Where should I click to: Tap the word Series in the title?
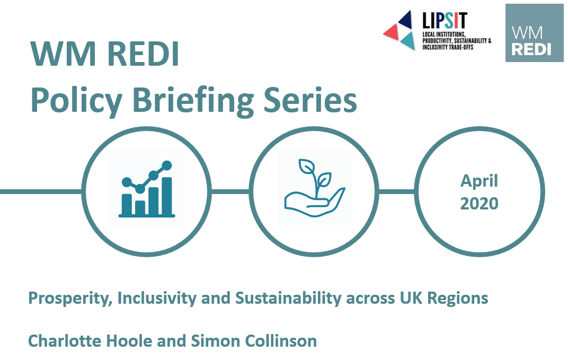tap(310, 100)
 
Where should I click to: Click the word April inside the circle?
tap(479, 181)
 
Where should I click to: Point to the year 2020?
tap(479, 204)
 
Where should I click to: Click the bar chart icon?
tap(147, 189)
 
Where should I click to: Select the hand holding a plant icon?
tap(314, 188)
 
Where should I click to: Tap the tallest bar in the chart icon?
tap(166, 196)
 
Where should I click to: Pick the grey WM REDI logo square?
tap(534, 33)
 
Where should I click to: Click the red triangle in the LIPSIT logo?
tap(391, 32)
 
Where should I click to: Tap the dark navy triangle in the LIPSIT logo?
tap(405, 20)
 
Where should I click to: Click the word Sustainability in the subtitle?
tap(288, 298)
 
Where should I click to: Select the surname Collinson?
tap(281, 341)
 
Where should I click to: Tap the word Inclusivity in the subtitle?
tap(157, 298)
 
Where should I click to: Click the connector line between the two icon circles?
tap(230, 191)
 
